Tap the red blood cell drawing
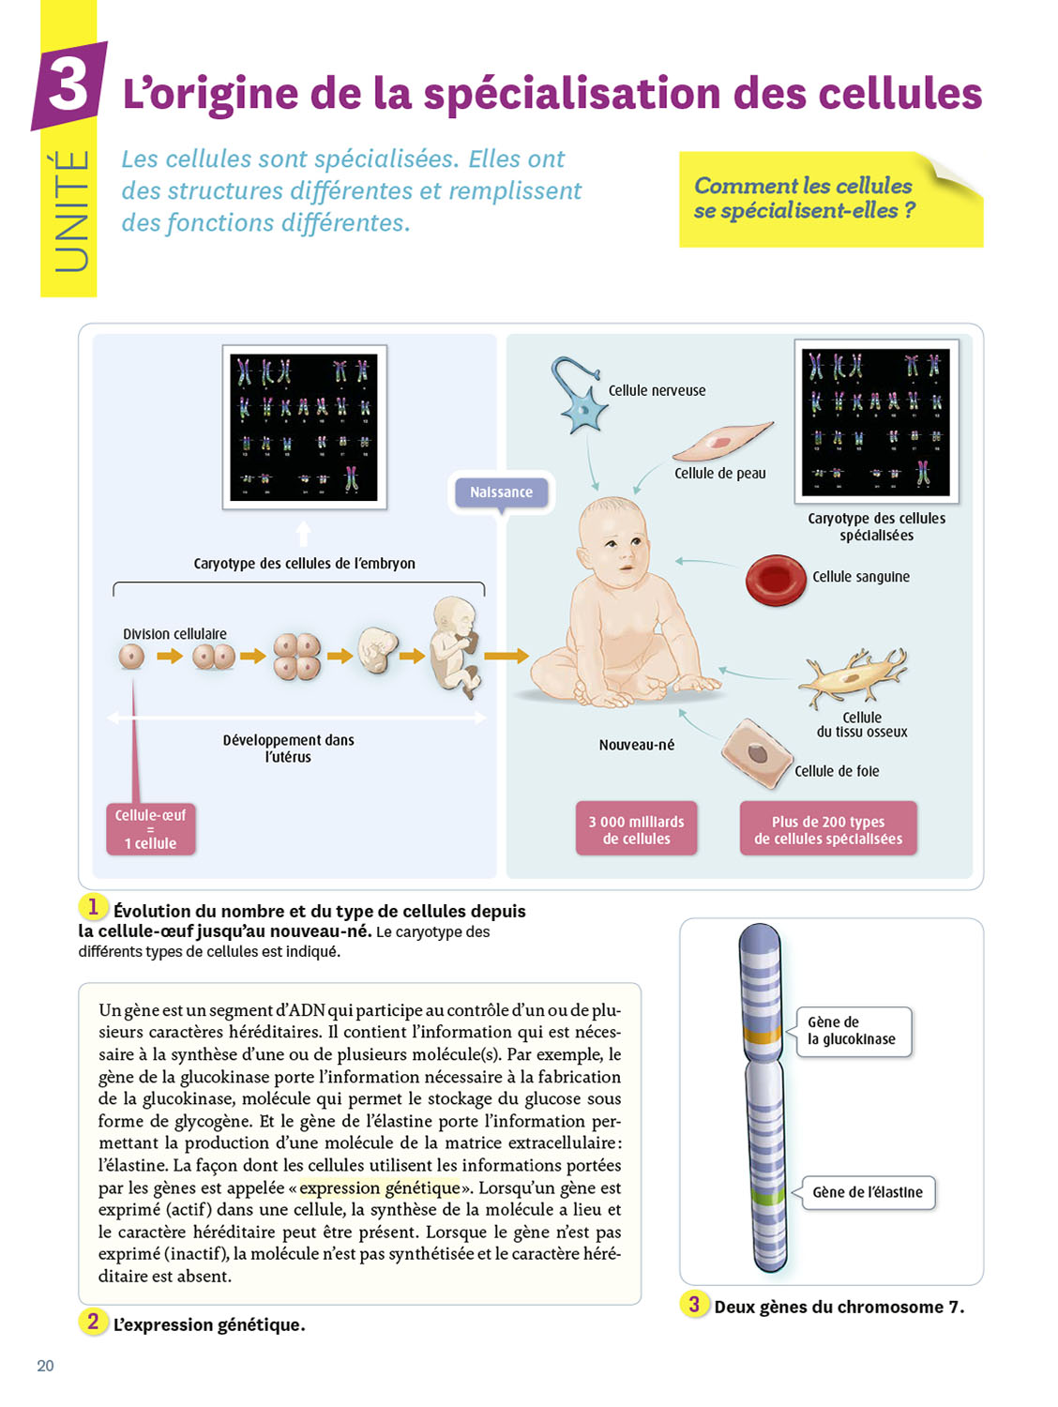click(x=776, y=579)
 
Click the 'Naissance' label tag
click(x=501, y=492)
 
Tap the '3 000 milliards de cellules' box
click(x=636, y=829)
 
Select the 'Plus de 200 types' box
click(x=828, y=829)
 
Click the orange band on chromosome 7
click(x=762, y=1036)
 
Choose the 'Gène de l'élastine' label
click(x=868, y=1192)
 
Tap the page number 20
click(x=45, y=1366)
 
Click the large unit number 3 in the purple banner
click(x=68, y=84)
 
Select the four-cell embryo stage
click(x=296, y=657)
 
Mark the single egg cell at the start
click(x=131, y=656)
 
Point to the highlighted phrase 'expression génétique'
click(x=380, y=1188)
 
